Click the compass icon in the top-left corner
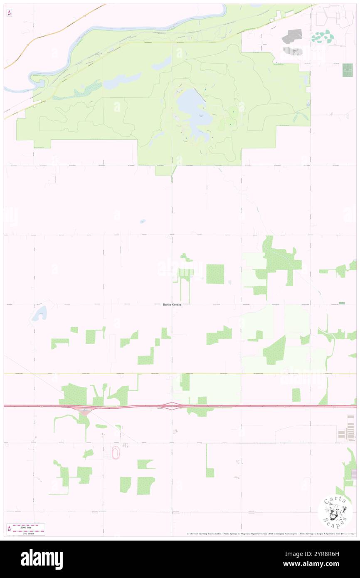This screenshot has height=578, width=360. [x=9, y=13]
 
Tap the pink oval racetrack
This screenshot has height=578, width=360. [x=115, y=454]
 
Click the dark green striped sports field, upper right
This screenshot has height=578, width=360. [x=347, y=70]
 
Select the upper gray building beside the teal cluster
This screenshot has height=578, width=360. [x=292, y=37]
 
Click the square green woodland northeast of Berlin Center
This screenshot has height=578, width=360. [x=215, y=274]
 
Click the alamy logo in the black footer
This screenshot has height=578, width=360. [x=42, y=559]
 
